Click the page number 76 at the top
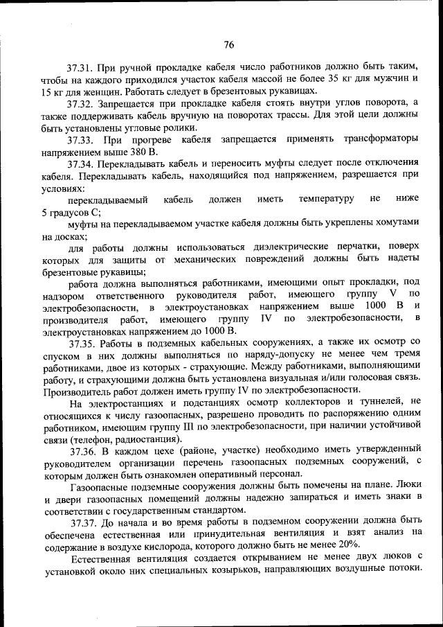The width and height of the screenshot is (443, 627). (229, 45)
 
